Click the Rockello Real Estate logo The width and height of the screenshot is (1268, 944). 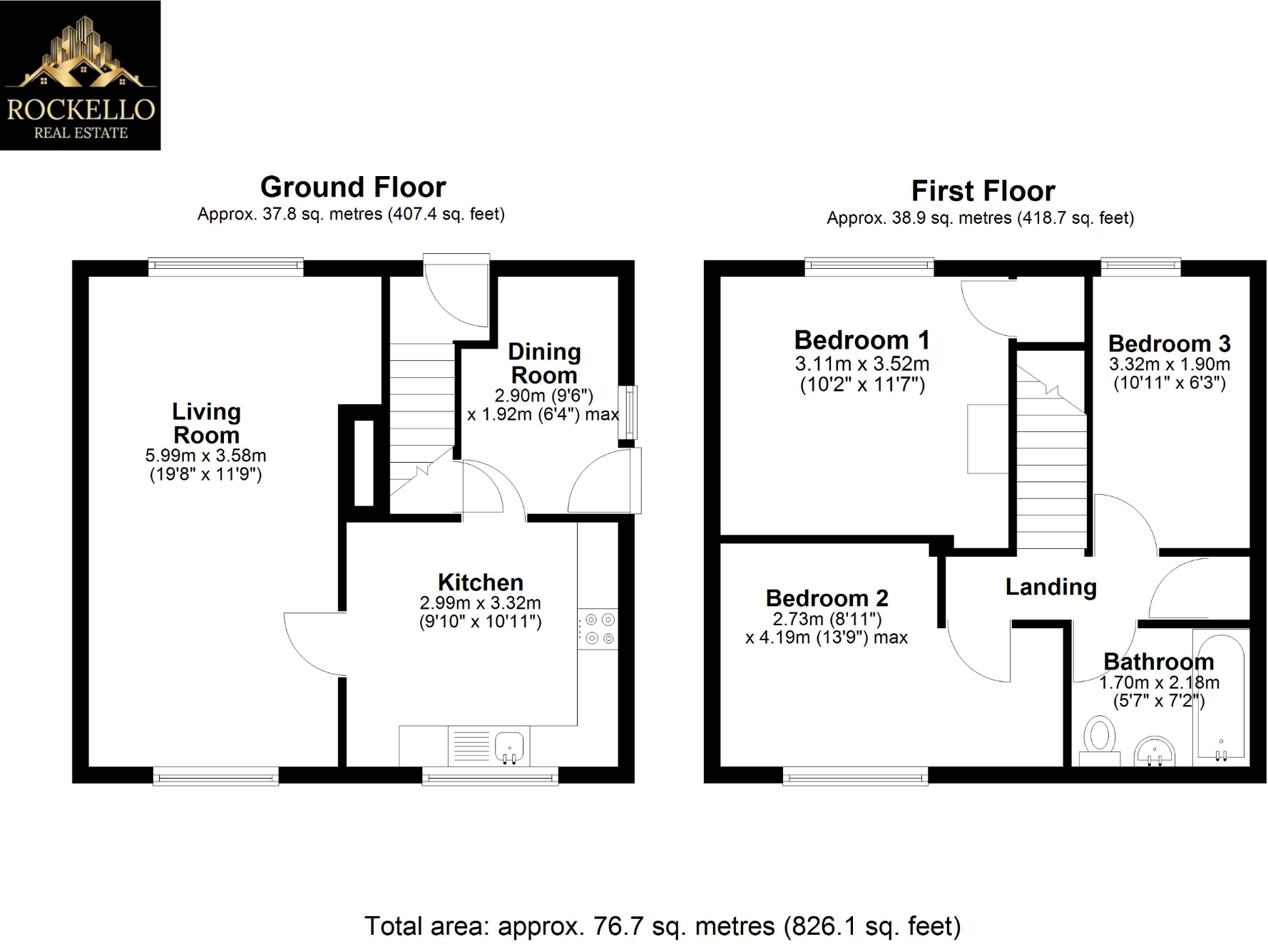tap(80, 75)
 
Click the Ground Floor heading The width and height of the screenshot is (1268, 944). tap(353, 187)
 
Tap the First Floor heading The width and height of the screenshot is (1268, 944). tap(983, 191)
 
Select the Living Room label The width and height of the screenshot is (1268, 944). tap(206, 423)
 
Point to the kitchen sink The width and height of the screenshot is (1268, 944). tap(509, 747)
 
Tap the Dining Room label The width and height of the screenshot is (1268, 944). tap(544, 363)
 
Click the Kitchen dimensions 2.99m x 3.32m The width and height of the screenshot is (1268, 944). tap(480, 603)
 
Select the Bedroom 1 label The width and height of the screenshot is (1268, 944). tap(861, 340)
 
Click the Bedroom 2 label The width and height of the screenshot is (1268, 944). tap(827, 598)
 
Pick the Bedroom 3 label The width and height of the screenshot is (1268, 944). tap(1169, 344)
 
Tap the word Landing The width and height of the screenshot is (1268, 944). tap(1050, 587)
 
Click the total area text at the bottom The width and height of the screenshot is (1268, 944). tap(663, 926)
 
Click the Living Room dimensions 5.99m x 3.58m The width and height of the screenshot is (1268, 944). tap(205, 456)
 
